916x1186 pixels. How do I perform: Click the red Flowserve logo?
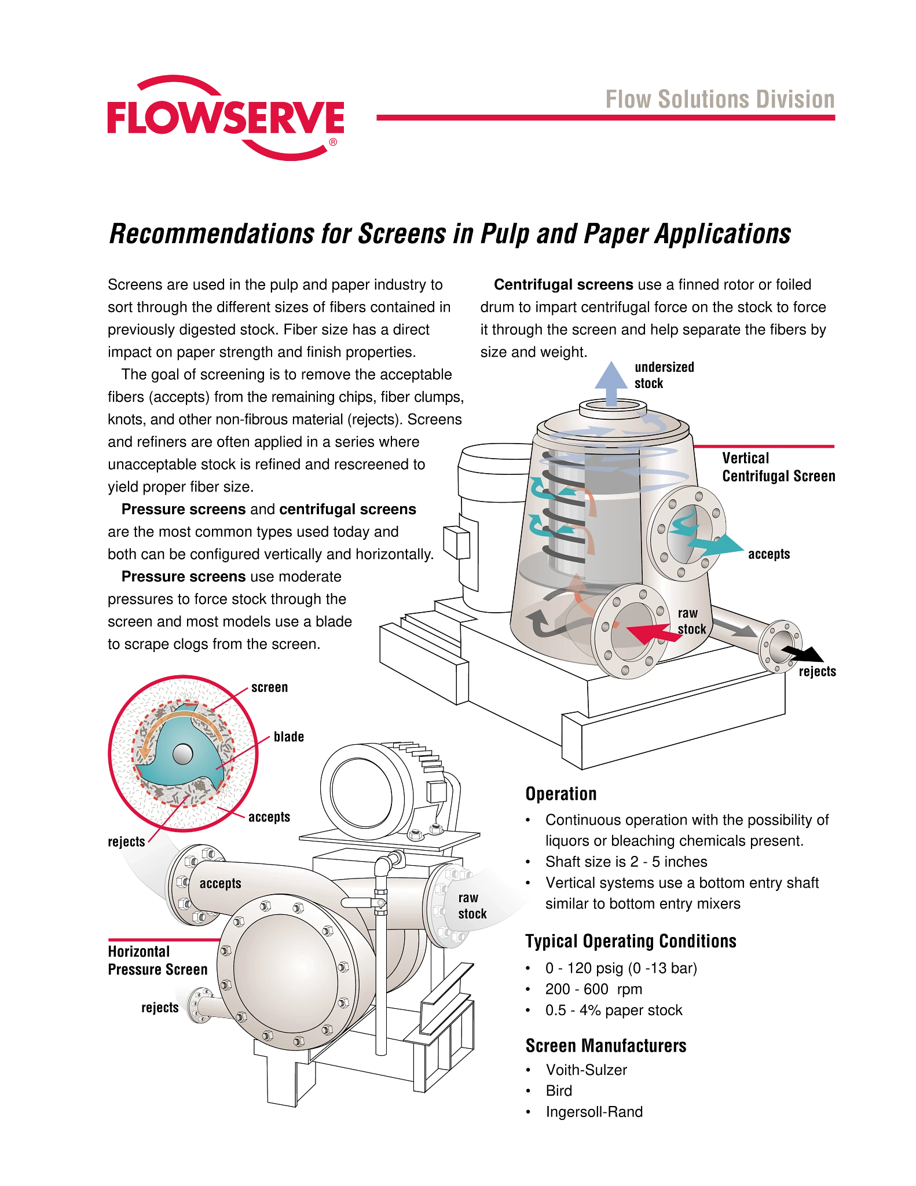(x=226, y=118)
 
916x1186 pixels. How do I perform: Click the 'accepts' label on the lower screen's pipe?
(x=220, y=884)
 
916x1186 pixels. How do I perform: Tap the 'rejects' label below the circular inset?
(x=127, y=842)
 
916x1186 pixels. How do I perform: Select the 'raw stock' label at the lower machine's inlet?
(x=472, y=906)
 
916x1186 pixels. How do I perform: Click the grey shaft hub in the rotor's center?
(x=182, y=753)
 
